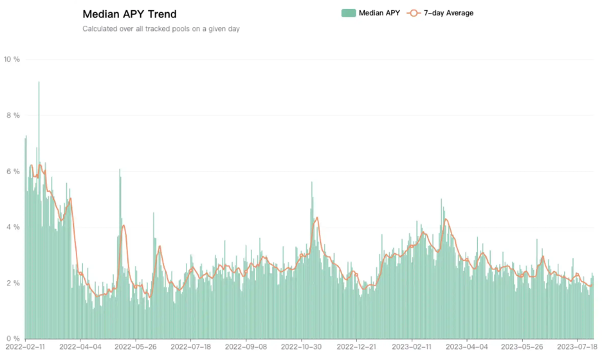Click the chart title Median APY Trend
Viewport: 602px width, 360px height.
129,14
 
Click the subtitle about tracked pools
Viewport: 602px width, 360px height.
161,29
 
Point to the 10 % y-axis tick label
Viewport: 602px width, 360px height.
12,59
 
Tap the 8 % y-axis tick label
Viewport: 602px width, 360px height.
12,116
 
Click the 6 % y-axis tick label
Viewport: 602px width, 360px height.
12,172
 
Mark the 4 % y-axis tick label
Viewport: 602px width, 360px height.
12,228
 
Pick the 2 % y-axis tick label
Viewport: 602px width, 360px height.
12,283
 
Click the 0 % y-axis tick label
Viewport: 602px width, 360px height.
12,339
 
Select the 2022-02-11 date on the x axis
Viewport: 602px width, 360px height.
25,347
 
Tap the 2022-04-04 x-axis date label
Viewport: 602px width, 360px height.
80,347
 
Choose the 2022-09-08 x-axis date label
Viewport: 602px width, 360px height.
246,347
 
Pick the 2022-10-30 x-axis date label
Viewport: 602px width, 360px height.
302,347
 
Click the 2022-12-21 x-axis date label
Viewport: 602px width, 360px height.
357,347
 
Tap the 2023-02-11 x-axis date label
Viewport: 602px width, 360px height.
412,347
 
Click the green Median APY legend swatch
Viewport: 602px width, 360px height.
349,13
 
